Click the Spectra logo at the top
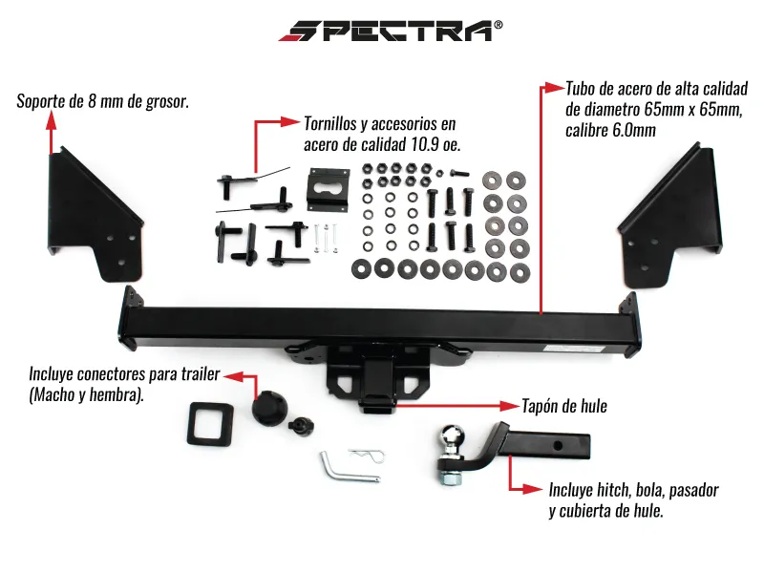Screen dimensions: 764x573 click(x=390, y=31)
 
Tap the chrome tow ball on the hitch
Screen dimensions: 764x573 click(x=452, y=437)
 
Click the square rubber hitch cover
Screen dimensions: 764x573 click(x=210, y=424)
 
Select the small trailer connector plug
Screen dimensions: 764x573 click(x=301, y=425)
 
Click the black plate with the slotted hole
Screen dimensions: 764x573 click(x=329, y=189)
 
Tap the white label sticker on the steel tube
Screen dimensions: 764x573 click(x=575, y=349)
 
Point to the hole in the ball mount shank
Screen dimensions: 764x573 click(x=559, y=445)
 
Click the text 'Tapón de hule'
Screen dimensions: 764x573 click(x=564, y=406)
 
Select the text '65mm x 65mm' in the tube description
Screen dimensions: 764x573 click(x=692, y=110)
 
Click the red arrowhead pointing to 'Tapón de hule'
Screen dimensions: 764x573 click(x=510, y=405)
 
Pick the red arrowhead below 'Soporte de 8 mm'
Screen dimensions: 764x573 click(x=52, y=120)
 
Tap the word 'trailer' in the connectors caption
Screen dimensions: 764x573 click(x=201, y=374)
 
